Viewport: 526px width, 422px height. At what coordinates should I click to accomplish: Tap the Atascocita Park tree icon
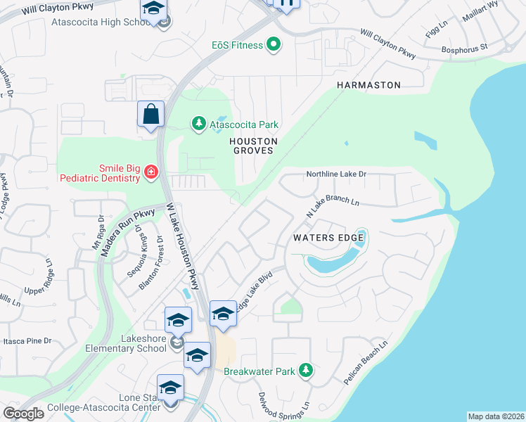(199, 124)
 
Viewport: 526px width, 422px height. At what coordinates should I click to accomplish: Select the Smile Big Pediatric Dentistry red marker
(150, 172)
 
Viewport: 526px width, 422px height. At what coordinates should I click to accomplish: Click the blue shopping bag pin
(150, 115)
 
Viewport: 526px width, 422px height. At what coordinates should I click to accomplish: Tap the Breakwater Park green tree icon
(305, 370)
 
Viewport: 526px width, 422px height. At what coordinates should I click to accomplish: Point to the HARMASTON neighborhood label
(368, 85)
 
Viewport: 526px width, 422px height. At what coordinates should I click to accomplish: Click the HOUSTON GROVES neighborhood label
(255, 146)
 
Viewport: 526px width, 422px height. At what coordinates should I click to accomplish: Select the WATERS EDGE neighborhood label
(328, 238)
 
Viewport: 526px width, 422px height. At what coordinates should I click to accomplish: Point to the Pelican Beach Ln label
(366, 363)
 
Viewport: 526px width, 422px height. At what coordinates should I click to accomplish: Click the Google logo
(23, 413)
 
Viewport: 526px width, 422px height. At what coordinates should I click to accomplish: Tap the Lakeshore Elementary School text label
(125, 343)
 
